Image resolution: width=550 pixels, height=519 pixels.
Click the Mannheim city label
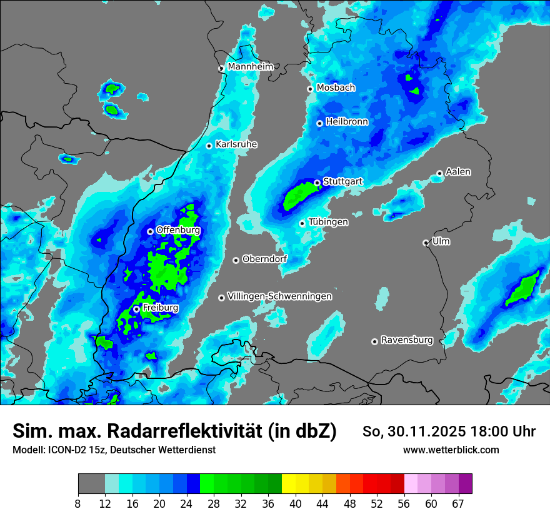(251, 66)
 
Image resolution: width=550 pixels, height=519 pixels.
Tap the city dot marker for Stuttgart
(317, 183)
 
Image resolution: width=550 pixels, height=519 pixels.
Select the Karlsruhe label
(236, 144)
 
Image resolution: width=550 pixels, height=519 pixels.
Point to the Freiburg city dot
(136, 309)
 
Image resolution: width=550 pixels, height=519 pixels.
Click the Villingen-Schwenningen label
(280, 296)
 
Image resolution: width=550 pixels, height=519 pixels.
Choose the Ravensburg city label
(407, 340)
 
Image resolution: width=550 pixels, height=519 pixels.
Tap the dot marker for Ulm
(426, 243)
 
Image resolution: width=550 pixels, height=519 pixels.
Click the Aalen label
(458, 172)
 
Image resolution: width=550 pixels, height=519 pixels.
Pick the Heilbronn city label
(347, 122)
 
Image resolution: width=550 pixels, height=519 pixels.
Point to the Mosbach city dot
(310, 89)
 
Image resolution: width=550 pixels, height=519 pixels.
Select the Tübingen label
(328, 222)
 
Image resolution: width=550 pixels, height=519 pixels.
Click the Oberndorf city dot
(236, 260)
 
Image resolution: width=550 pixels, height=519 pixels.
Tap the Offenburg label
(178, 230)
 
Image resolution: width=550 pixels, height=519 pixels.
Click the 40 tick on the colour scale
(295, 503)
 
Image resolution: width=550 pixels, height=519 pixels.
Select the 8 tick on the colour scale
(78, 503)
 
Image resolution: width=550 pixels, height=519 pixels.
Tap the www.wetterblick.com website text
(451, 450)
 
